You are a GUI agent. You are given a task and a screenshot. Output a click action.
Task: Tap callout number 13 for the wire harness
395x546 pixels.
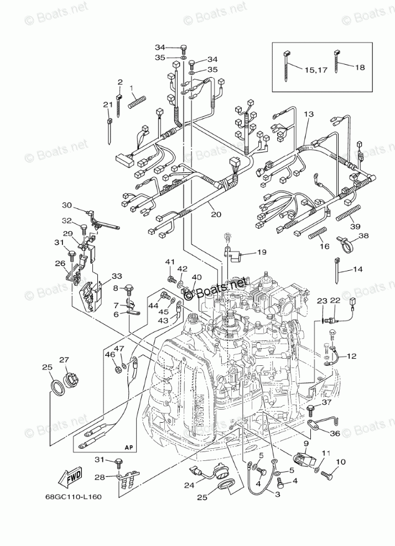click(x=308, y=114)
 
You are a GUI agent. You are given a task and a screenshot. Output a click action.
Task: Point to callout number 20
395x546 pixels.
click(x=215, y=214)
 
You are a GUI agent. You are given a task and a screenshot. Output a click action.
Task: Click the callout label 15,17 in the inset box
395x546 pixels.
click(x=315, y=69)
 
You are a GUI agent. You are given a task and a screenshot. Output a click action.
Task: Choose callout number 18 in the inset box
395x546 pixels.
click(x=360, y=67)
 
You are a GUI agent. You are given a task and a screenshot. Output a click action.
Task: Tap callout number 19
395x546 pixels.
click(x=261, y=252)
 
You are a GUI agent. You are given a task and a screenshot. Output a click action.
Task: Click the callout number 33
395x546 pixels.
click(x=116, y=276)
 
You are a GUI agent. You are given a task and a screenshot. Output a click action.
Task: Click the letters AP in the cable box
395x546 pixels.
click(x=129, y=447)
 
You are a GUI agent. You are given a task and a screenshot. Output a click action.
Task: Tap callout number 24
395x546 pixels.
click(x=189, y=486)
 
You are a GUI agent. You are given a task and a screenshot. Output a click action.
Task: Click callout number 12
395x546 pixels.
click(x=352, y=356)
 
